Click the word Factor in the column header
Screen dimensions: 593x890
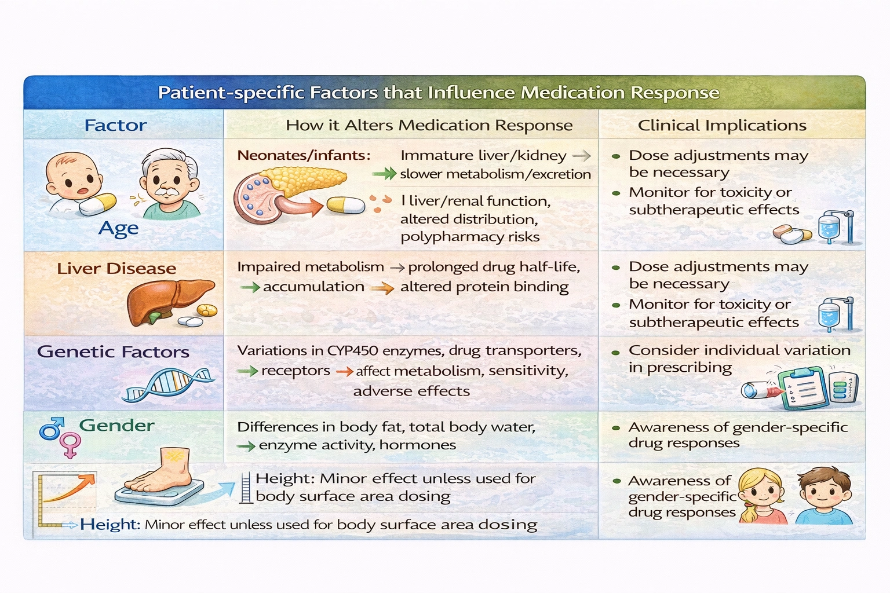115,125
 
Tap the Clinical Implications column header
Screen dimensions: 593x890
721,125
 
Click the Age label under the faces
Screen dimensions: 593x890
118,228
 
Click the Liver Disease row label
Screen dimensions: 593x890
116,268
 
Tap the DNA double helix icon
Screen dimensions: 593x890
168,385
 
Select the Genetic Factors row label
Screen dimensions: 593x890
113,352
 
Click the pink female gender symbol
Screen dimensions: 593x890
71,445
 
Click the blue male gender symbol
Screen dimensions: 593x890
50,429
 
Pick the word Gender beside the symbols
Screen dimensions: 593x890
116,425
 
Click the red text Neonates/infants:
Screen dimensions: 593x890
303,155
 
